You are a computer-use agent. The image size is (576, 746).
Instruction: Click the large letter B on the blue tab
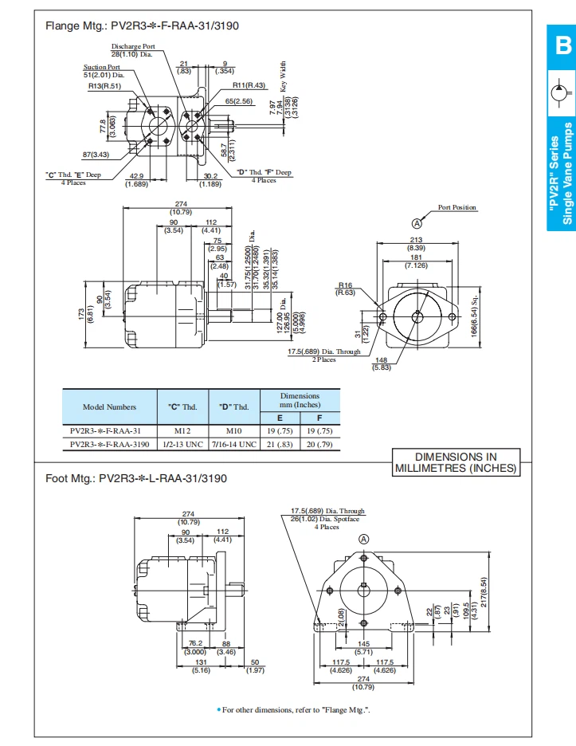click(x=562, y=47)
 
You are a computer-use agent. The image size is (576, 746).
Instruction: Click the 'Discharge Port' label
click(x=133, y=46)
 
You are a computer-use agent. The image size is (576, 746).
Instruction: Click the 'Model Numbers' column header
click(x=109, y=407)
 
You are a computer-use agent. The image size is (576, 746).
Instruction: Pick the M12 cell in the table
click(x=182, y=429)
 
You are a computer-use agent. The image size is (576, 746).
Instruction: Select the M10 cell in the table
click(x=233, y=429)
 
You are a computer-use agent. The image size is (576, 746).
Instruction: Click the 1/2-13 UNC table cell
click(x=182, y=444)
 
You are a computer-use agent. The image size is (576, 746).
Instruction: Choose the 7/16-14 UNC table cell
click(x=233, y=444)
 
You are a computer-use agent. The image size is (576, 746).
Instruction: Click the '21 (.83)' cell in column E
click(x=280, y=444)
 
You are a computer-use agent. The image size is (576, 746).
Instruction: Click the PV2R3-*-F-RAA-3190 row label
click(x=109, y=444)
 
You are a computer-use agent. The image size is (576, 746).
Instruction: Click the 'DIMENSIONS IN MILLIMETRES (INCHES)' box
click(x=456, y=463)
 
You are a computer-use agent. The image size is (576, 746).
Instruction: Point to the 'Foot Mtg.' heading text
click(x=136, y=479)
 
